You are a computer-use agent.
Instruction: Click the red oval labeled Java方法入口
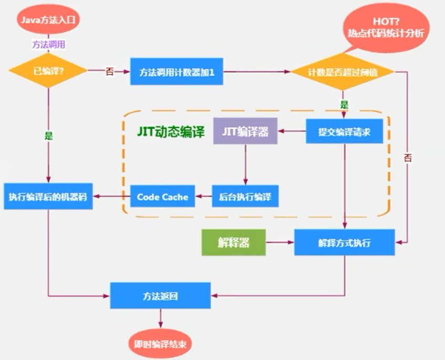pyautogui.click(x=48, y=20)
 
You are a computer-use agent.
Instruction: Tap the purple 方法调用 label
pyautogui.click(x=48, y=45)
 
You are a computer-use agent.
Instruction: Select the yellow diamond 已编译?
pyautogui.click(x=48, y=71)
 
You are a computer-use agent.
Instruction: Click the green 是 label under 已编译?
pyautogui.click(x=48, y=136)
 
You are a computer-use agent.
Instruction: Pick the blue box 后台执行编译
pyautogui.click(x=245, y=197)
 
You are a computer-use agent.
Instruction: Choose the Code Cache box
pyautogui.click(x=162, y=197)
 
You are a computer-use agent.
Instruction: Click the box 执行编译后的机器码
pyautogui.click(x=48, y=197)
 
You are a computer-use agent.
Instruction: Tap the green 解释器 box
pyautogui.click(x=233, y=243)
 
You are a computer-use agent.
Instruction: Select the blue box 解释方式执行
pyautogui.click(x=344, y=243)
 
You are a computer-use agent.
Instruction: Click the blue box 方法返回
pyautogui.click(x=160, y=295)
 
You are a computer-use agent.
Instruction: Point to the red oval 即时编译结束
pyautogui.click(x=160, y=344)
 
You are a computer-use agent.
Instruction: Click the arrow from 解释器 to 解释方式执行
pyautogui.click(x=279, y=243)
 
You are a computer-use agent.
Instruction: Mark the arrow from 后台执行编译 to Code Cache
pyautogui.click(x=204, y=197)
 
